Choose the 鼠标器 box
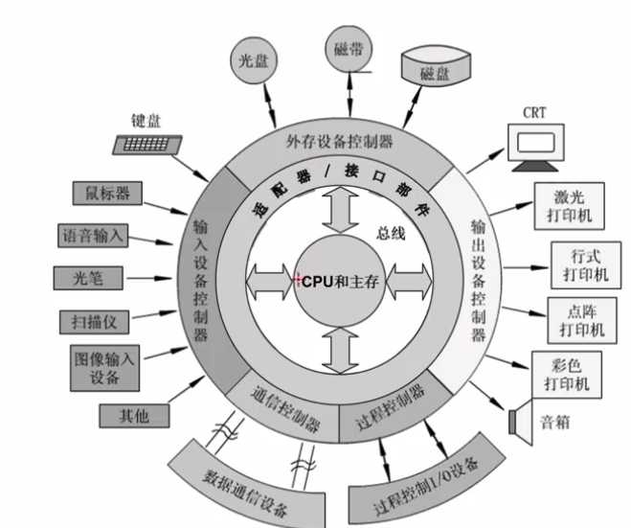[107, 194]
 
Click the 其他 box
[134, 416]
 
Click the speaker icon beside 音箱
[522, 420]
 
